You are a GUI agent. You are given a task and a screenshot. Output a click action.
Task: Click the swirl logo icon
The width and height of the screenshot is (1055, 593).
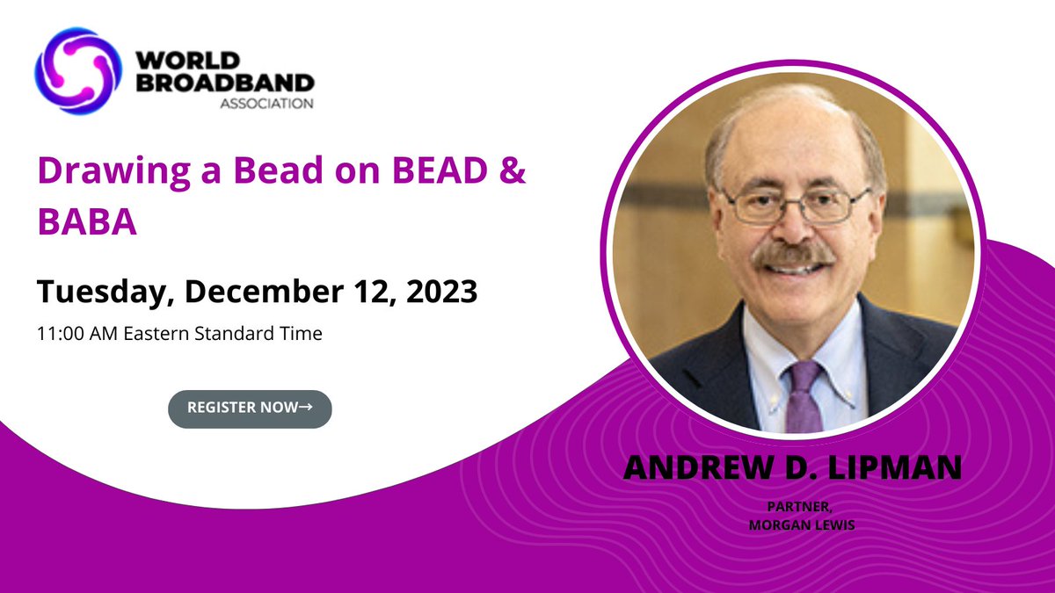pyautogui.click(x=76, y=66)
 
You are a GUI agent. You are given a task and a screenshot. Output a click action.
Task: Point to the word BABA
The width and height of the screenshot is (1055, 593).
pyautogui.click(x=87, y=223)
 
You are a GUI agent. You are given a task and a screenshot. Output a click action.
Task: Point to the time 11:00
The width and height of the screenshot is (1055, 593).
pyautogui.click(x=61, y=335)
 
